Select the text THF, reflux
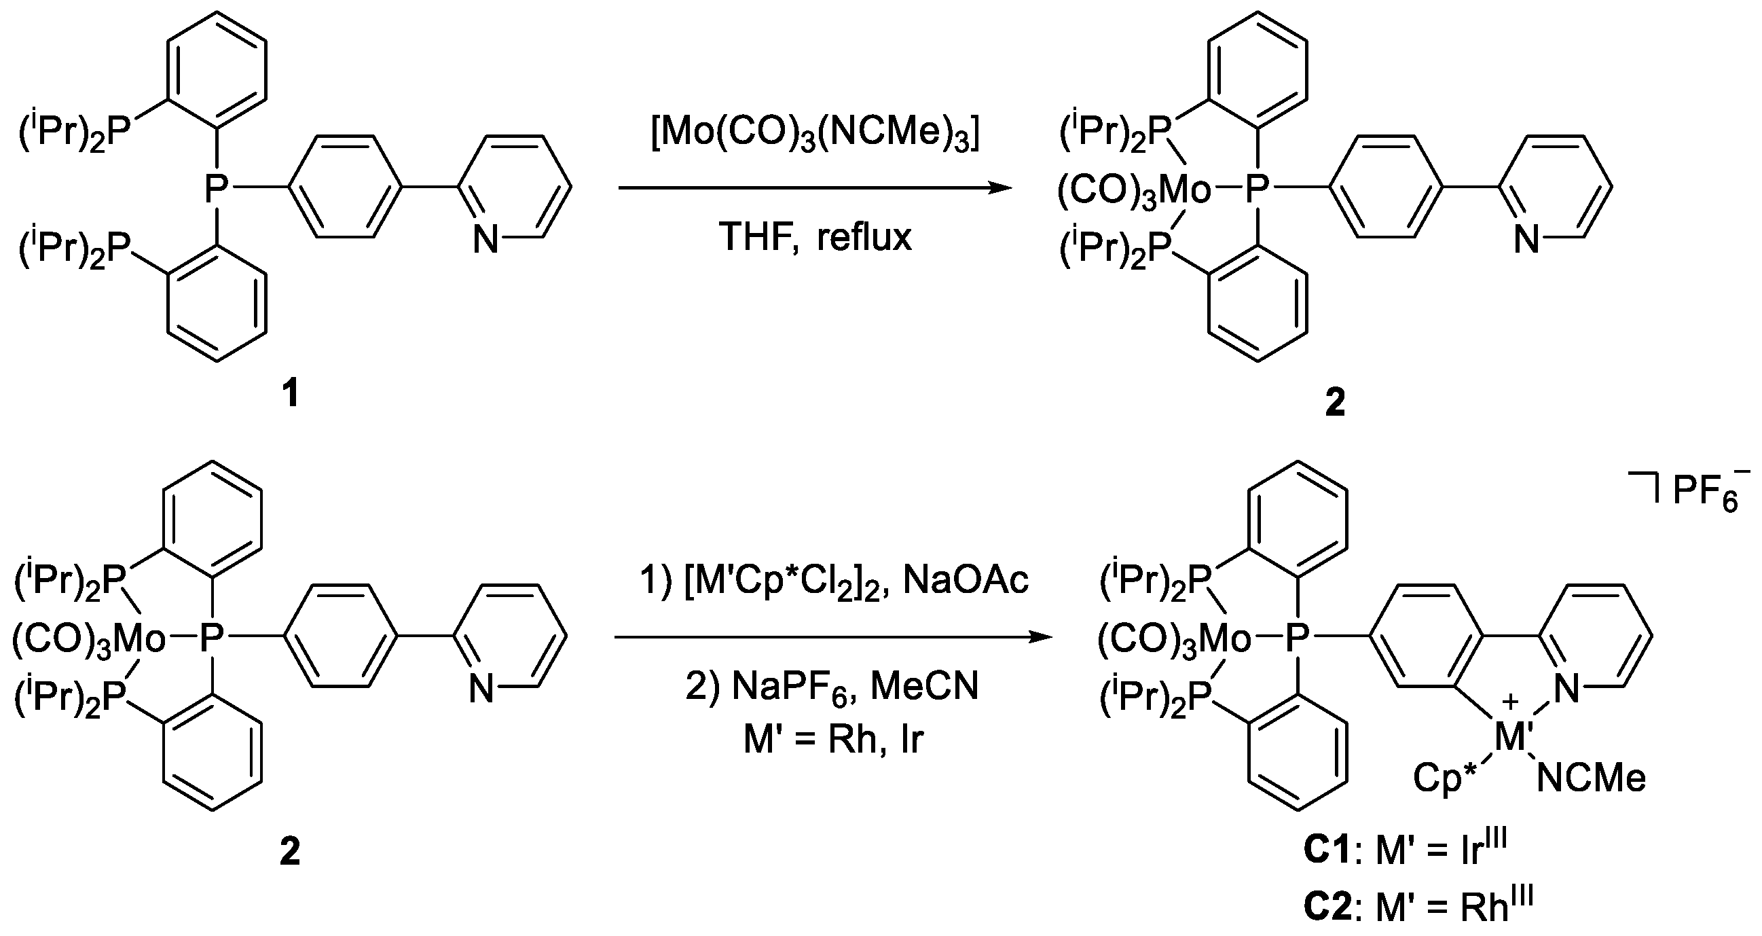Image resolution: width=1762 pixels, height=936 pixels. [815, 238]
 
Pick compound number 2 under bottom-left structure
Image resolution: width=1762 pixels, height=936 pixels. [290, 852]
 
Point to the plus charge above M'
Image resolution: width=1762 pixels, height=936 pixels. [1510, 702]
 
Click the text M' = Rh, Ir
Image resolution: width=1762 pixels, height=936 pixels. [833, 740]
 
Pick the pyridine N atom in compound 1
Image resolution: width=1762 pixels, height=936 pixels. [485, 240]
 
